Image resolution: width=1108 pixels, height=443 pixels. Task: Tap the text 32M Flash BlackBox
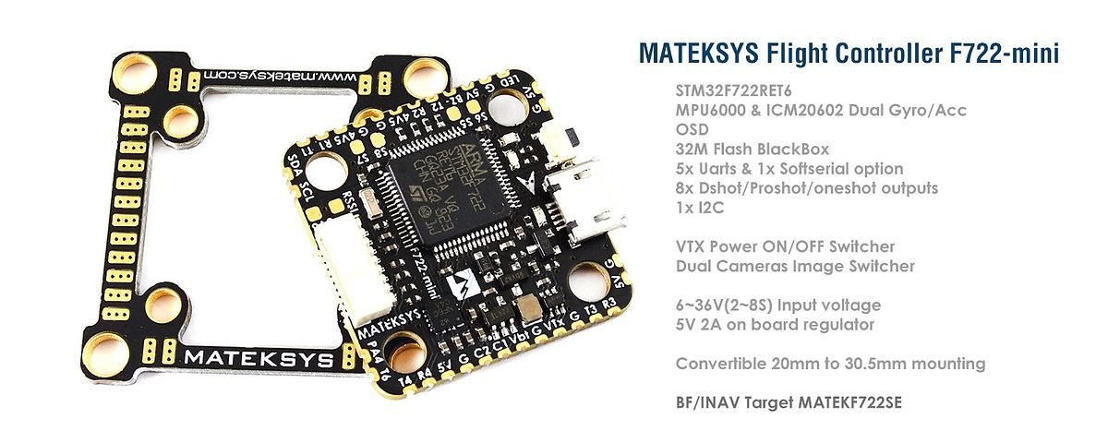coord(753,150)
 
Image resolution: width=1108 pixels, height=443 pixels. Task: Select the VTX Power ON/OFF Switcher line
coord(785,247)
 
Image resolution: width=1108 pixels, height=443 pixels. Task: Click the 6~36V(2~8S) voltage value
coord(734,305)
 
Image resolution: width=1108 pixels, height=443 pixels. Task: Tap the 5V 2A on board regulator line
coord(775,325)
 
